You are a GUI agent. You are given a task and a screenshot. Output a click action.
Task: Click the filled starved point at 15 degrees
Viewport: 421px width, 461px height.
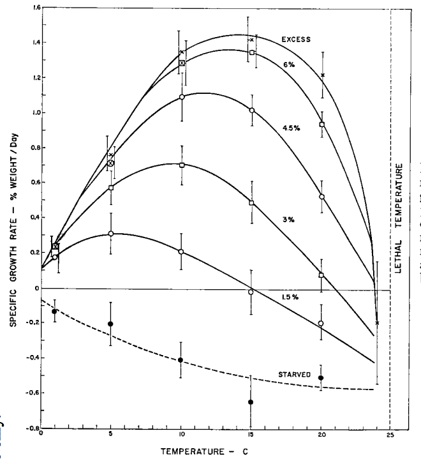tap(251, 402)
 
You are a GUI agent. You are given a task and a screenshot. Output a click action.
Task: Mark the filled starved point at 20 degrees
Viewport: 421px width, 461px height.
tap(321, 378)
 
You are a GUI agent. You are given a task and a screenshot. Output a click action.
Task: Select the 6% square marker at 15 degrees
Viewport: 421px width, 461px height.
tap(253, 52)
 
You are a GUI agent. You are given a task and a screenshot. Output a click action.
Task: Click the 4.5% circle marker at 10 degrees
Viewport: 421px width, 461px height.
tap(182, 97)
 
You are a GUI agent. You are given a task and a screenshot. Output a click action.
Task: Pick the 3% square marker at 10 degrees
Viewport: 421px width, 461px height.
tap(182, 165)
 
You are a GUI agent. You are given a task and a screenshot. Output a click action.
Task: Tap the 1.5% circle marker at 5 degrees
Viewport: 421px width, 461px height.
tap(111, 234)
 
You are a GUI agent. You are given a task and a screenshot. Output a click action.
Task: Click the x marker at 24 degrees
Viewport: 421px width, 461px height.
tap(377, 322)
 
